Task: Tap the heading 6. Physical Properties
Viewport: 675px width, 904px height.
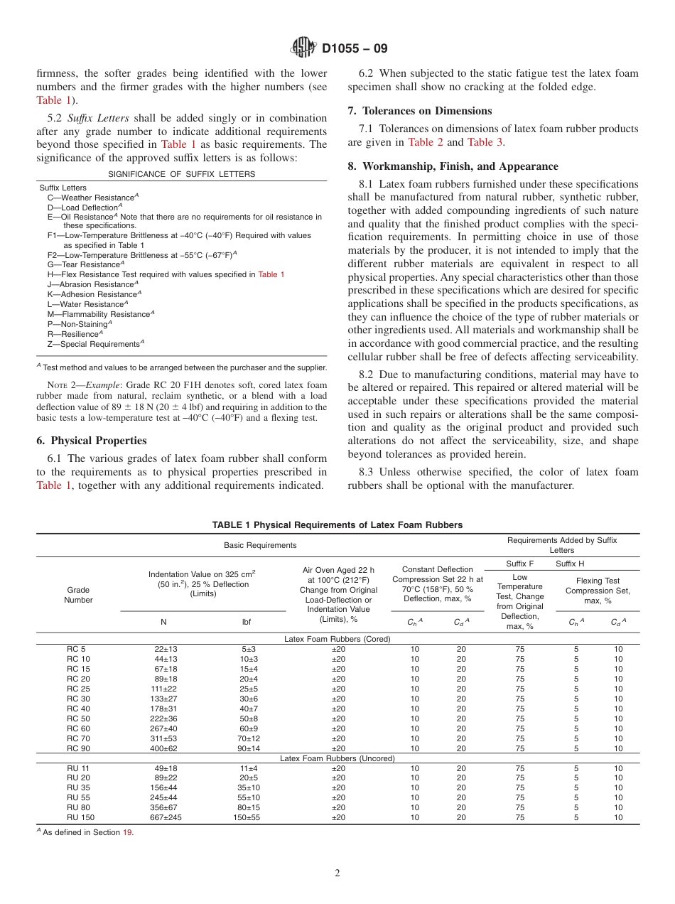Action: point(91,441)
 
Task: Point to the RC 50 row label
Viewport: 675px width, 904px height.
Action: point(78,719)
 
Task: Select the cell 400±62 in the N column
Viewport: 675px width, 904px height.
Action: point(163,748)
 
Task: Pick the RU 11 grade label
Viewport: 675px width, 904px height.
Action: point(78,768)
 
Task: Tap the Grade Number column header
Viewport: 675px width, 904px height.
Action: point(78,595)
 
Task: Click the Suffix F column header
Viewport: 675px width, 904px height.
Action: point(519,564)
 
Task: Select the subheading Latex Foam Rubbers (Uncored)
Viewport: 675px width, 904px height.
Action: point(337,758)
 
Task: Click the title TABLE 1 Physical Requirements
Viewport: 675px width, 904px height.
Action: point(337,525)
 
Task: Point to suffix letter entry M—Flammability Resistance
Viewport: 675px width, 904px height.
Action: point(98,314)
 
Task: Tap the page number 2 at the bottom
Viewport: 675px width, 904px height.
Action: point(337,873)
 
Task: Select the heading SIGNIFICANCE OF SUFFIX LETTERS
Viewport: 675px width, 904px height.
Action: point(181,174)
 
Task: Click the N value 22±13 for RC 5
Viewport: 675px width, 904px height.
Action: point(163,649)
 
